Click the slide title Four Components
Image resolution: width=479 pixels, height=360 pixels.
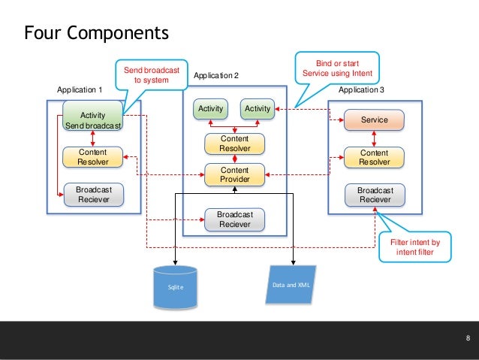(97, 33)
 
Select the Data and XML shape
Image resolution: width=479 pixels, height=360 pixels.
(291, 285)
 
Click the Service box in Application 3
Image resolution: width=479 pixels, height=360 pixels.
(374, 119)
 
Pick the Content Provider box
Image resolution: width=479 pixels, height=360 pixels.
(234, 174)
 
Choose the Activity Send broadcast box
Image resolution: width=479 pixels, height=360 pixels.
(92, 119)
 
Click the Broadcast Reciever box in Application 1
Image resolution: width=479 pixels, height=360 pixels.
(92, 195)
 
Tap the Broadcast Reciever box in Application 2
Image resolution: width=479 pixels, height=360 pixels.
(235, 219)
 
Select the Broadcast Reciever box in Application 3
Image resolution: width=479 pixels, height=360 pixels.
(374, 195)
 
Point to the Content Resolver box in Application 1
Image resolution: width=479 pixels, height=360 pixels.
(92, 156)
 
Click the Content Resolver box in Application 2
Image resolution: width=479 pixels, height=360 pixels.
(234, 144)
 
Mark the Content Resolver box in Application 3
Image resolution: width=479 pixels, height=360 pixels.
(374, 156)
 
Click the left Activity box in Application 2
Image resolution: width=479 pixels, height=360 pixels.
(211, 109)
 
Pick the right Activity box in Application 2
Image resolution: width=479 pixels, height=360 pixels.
(257, 109)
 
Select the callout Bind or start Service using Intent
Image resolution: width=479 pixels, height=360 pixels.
(337, 68)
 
